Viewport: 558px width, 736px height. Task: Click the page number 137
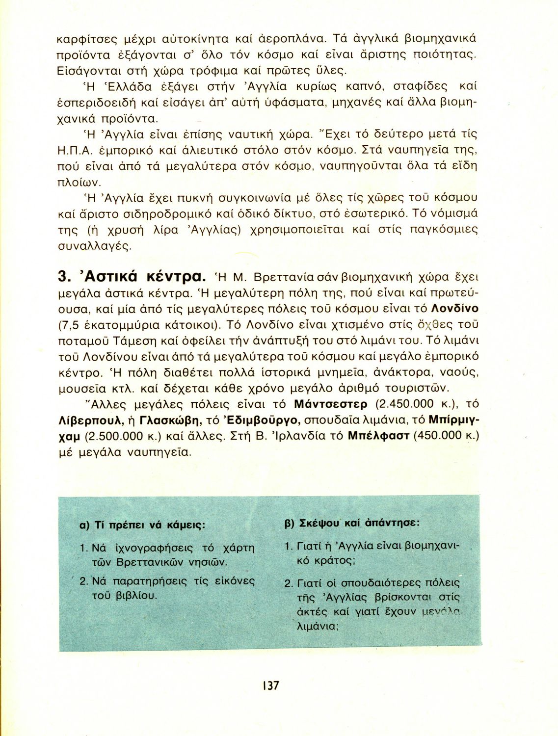coord(270,685)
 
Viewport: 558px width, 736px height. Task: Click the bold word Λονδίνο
coord(454,309)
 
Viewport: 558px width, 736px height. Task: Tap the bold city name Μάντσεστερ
coord(330,404)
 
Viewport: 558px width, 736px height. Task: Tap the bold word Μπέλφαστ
coord(378,436)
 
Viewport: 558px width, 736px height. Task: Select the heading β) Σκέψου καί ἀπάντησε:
coord(352,523)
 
